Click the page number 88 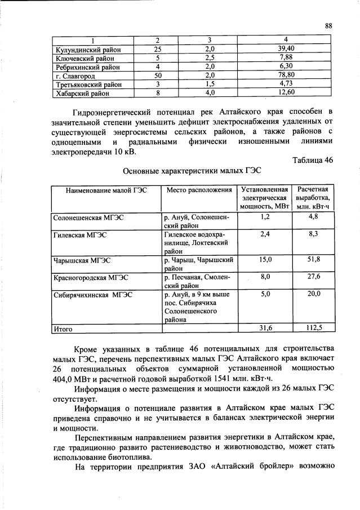(x=328, y=25)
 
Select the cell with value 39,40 (x=286, y=49)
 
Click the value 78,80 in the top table (x=286, y=75)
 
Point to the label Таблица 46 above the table (x=313, y=160)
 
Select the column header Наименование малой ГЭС (x=106, y=190)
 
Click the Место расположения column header (x=199, y=190)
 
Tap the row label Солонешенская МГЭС (x=88, y=217)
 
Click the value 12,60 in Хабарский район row (x=286, y=92)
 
